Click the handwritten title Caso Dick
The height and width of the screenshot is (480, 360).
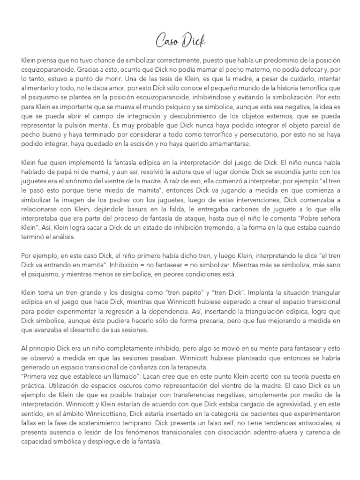click(x=180, y=42)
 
